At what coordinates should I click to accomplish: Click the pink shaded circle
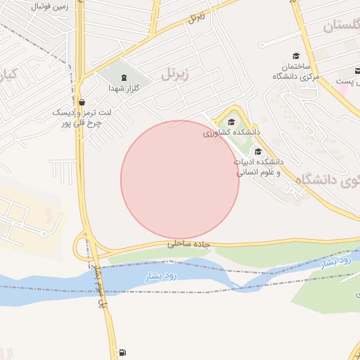[180, 180]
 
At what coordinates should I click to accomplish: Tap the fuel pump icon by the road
[124, 352]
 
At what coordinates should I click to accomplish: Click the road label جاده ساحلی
[189, 244]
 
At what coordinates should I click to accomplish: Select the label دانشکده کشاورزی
[231, 132]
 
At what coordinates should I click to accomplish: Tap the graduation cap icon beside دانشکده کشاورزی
[231, 122]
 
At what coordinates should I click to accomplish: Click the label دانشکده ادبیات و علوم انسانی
[258, 167]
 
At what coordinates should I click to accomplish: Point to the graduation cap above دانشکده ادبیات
[258, 151]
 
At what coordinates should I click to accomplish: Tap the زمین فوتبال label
[52, 5]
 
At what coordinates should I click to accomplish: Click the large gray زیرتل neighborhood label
[175, 72]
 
